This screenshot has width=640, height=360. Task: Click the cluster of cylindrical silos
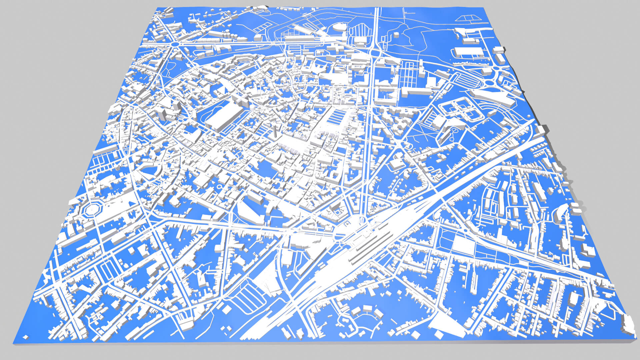[x=227, y=34]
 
